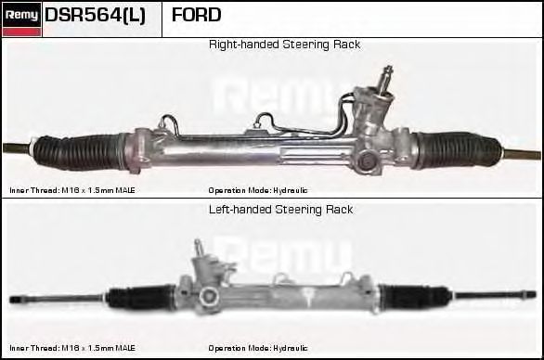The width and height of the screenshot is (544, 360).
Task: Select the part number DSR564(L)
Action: (95, 15)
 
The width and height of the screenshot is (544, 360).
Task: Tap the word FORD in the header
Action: (197, 15)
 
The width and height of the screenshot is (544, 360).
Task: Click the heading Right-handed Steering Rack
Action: (284, 45)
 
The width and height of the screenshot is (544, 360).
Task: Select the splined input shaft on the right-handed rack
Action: (386, 77)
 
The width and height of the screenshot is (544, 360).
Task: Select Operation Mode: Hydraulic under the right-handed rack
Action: (258, 189)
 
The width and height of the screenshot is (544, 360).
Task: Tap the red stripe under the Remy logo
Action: (21, 32)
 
